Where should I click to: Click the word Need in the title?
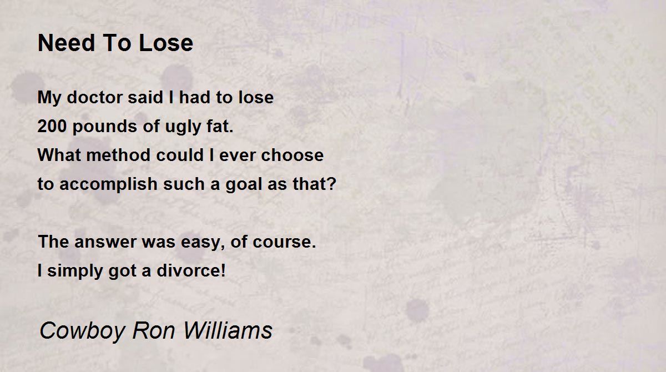coord(66,43)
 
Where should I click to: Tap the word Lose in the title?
coord(166,43)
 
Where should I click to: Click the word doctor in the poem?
coord(94,97)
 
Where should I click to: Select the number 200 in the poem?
coord(52,126)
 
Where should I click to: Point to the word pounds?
coord(105,127)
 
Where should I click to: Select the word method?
coord(118,155)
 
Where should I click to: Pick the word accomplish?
coord(108,185)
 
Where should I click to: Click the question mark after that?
coord(332,183)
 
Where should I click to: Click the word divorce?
coord(189,270)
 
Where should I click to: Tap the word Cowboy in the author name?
coord(82,331)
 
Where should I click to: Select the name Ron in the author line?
coord(153,330)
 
